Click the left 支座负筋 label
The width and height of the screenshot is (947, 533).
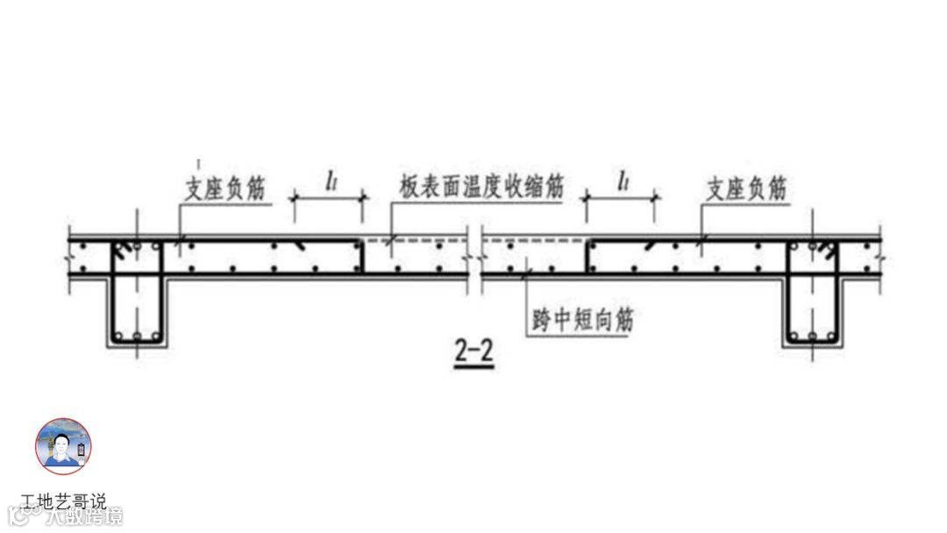226,188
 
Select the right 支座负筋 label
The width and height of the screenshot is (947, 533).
745,188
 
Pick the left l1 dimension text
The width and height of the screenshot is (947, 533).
330,181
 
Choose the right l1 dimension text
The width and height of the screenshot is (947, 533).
623,181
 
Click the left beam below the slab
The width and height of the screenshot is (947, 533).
135,311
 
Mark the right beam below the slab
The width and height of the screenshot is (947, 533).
812,311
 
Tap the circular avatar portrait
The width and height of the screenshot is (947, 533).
63,446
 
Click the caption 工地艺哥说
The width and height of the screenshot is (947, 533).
63,502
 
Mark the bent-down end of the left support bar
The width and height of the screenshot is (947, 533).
361,255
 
